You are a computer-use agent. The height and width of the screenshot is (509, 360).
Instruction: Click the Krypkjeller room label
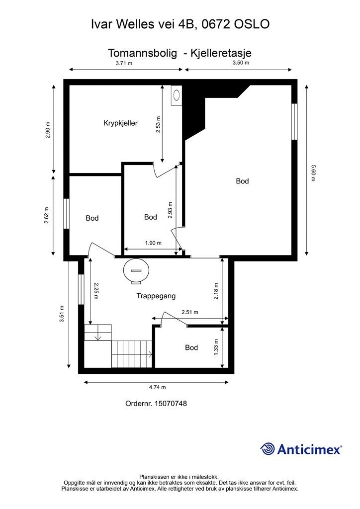point(120,123)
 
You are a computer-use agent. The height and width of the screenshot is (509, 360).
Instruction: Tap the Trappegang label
point(156,296)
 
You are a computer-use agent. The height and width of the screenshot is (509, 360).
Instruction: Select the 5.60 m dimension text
point(313,173)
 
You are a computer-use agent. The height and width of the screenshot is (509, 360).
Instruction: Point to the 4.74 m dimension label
point(158,387)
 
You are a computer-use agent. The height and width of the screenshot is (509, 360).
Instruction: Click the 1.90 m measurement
point(153,243)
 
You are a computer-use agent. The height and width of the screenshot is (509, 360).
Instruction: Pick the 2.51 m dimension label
point(190,312)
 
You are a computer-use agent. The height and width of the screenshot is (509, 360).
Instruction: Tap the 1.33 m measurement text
point(216,347)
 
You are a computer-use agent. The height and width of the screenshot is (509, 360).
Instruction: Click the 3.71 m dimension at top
point(124,63)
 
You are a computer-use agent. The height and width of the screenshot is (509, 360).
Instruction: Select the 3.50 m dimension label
point(241,63)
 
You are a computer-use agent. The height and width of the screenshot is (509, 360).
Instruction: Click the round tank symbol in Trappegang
point(136,270)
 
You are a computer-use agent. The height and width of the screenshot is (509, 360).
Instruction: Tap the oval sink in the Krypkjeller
point(177,95)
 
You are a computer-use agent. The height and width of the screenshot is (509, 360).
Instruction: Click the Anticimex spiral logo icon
point(268,449)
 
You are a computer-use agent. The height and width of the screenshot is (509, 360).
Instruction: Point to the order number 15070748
point(171,404)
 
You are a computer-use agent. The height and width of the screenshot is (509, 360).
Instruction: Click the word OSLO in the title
point(252,24)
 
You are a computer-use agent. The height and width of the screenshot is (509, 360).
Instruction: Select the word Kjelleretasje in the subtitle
point(221,53)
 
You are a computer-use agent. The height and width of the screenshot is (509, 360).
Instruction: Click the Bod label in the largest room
point(242,181)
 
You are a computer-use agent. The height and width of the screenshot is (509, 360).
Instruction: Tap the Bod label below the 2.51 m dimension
point(191,347)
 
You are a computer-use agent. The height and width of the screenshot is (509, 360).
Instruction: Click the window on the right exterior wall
point(294,122)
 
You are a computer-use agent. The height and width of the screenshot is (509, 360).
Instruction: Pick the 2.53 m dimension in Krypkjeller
point(158,124)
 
